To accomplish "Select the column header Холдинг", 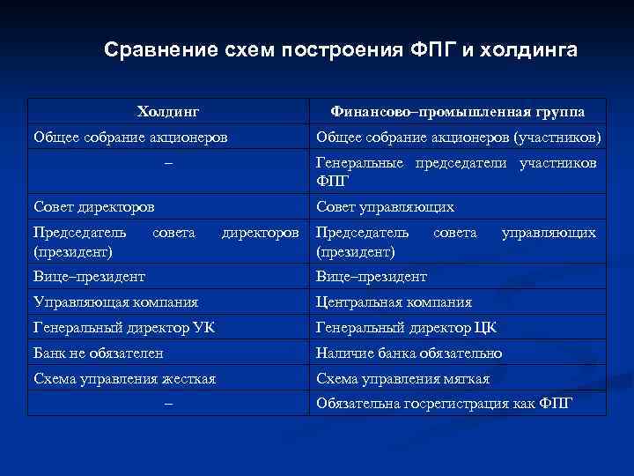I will (168, 112).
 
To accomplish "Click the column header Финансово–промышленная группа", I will (457, 112).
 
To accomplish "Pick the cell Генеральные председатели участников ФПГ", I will (456, 172).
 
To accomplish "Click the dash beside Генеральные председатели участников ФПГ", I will (168, 164).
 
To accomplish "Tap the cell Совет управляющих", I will (385, 206).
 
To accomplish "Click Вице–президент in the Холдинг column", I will (89, 276).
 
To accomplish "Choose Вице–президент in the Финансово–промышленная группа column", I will (372, 276).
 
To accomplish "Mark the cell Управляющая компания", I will (115, 301).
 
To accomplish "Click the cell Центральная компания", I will (394, 301).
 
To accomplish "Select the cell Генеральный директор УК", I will (123, 327).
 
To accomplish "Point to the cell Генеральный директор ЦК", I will (406, 327).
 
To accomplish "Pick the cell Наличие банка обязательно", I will (409, 353).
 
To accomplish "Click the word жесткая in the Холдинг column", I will (188, 378).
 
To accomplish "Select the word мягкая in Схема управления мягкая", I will (463, 378).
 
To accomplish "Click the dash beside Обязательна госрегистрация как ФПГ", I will (168, 404).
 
